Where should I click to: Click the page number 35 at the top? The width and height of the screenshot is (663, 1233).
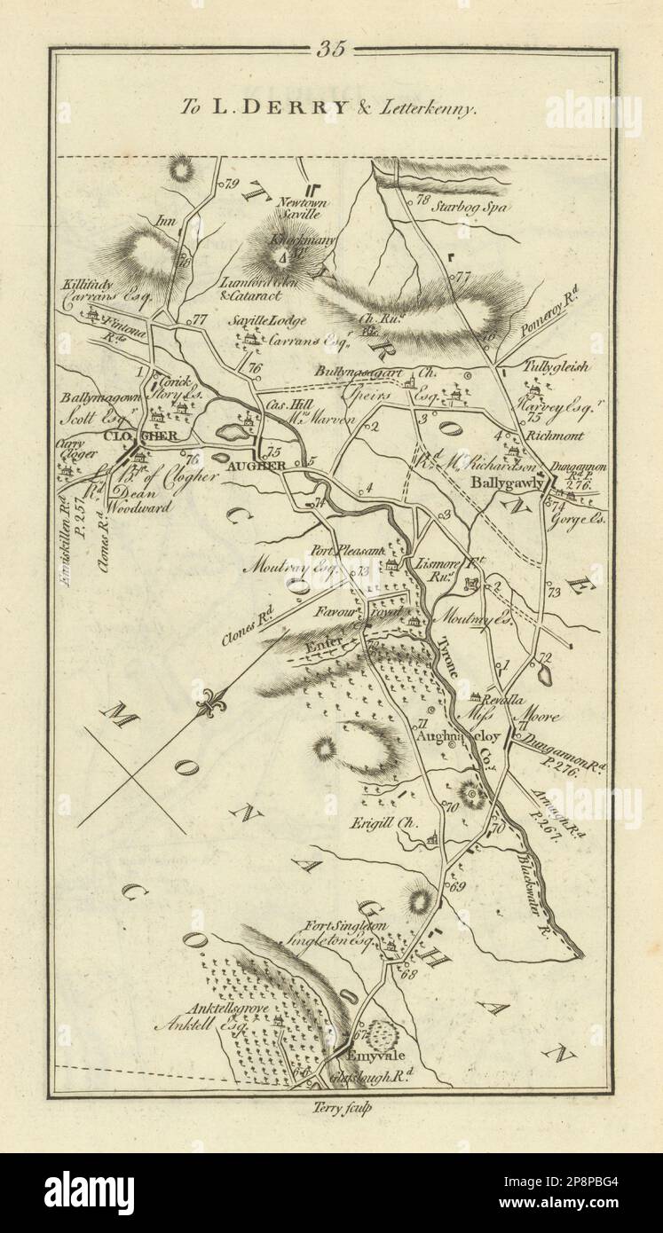pos(331,50)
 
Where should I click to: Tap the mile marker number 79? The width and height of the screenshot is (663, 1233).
pos(234,185)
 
